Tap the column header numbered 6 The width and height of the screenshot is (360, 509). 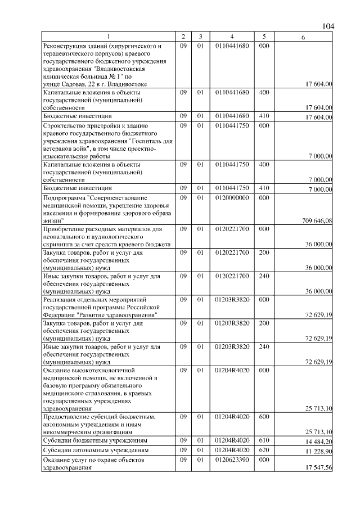click(x=303, y=37)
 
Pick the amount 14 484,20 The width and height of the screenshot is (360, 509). click(x=318, y=443)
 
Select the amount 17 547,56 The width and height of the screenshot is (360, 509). click(x=318, y=468)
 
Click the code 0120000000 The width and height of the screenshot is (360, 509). click(x=231, y=198)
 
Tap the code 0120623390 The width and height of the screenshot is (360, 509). click(x=231, y=460)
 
